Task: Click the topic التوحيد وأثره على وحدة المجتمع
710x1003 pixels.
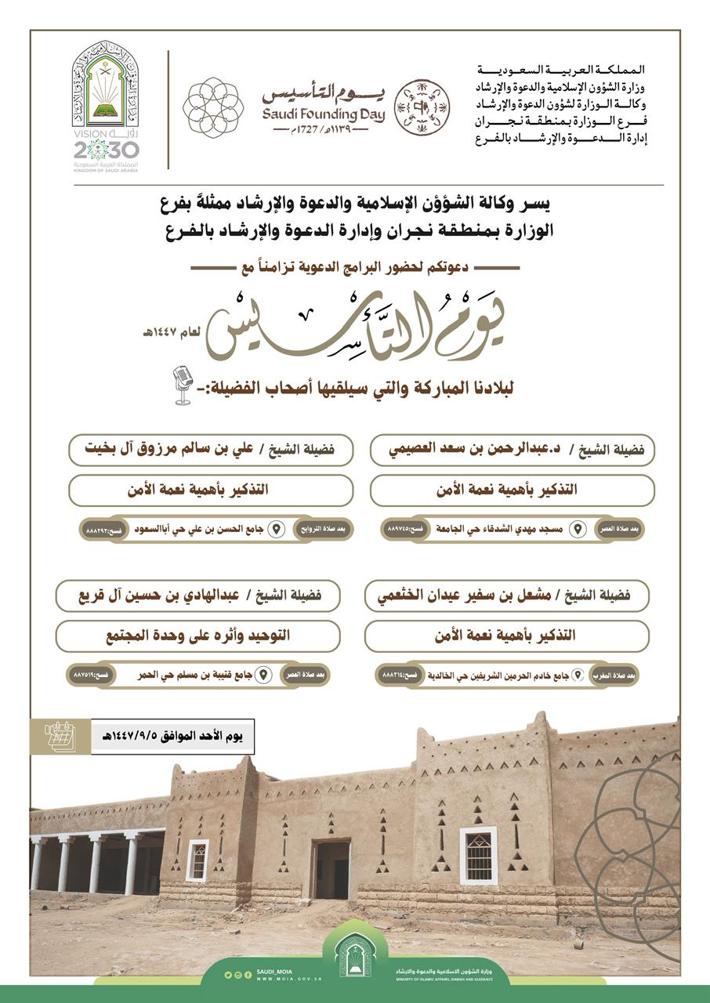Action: tap(197, 635)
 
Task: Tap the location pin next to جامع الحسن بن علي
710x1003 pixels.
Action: tap(276, 530)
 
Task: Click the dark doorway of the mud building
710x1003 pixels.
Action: tap(331, 869)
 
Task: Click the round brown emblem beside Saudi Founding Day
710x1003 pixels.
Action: tap(422, 107)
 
